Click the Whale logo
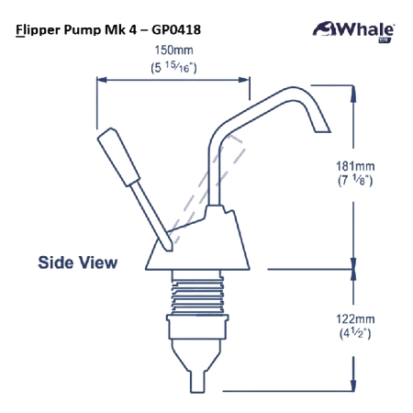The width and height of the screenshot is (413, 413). pyautogui.click(x=353, y=31)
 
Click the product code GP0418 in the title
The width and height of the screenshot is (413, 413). pyautogui.click(x=176, y=30)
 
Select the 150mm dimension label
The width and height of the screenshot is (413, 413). pyautogui.click(x=173, y=50)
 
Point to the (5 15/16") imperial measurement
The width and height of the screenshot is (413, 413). pyautogui.click(x=173, y=67)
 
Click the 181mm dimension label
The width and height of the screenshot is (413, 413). pyautogui.click(x=355, y=166)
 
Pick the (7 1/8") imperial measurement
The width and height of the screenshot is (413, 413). pyautogui.click(x=355, y=180)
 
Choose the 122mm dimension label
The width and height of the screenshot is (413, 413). pyautogui.click(x=355, y=319)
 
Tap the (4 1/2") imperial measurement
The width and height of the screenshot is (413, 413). pyautogui.click(x=355, y=333)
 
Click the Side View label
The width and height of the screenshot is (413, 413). pyautogui.click(x=78, y=262)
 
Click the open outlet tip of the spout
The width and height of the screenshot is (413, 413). pyautogui.click(x=323, y=132)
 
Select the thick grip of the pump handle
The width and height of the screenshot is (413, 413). pyautogui.click(x=118, y=157)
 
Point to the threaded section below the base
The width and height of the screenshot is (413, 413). pyautogui.click(x=197, y=293)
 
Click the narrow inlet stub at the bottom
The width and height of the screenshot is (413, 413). pyautogui.click(x=197, y=382)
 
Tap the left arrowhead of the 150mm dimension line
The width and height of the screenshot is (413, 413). pyautogui.click(x=102, y=80)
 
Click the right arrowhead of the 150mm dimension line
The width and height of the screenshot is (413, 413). pyautogui.click(x=244, y=80)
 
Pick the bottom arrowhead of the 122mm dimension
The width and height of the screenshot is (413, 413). pyautogui.click(x=353, y=385)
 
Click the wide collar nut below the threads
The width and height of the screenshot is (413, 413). pyautogui.click(x=197, y=327)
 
